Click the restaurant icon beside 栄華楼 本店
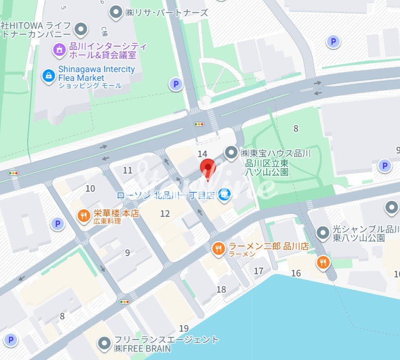click(82, 216)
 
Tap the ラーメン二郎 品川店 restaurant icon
click(218, 249)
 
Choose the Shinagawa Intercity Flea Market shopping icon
click(48, 75)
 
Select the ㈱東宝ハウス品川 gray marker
click(231, 152)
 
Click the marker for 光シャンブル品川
click(323, 232)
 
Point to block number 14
click(203, 154)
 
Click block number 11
click(128, 170)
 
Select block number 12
click(165, 214)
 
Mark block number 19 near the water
click(184, 328)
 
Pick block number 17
click(258, 271)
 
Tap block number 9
click(127, 253)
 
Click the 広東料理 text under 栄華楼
click(107, 221)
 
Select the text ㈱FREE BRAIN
click(142, 348)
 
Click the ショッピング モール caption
click(90, 86)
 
